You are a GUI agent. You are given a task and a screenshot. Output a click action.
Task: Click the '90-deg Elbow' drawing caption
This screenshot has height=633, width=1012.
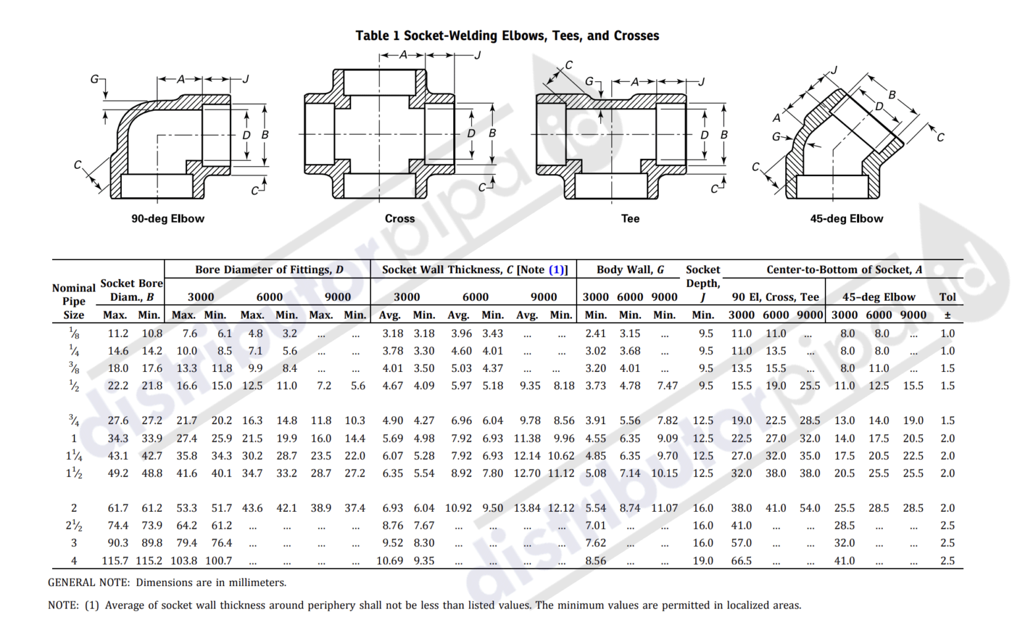click(x=167, y=218)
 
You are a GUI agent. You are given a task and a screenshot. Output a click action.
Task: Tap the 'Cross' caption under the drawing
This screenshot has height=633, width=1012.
click(x=399, y=218)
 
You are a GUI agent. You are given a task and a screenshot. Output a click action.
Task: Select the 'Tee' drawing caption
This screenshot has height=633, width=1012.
click(x=630, y=218)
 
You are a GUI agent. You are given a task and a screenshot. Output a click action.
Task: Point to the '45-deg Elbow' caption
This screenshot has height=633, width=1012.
click(x=846, y=218)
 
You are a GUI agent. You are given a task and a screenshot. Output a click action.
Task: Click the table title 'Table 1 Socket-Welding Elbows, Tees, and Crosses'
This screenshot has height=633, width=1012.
click(x=507, y=36)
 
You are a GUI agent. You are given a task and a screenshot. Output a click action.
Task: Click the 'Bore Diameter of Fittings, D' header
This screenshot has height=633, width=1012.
click(x=269, y=269)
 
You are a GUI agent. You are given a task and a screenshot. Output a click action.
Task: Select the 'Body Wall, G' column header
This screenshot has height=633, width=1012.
click(x=630, y=269)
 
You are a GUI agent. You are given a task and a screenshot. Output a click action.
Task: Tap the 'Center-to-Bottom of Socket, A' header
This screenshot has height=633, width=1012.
click(x=844, y=269)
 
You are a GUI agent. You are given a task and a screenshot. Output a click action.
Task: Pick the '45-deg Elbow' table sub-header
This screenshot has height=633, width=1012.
click(x=878, y=297)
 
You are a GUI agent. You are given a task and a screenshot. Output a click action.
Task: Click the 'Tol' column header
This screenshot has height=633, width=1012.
click(x=947, y=297)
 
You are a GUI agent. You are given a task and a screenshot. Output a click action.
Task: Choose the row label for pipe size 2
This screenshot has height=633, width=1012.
click(x=74, y=508)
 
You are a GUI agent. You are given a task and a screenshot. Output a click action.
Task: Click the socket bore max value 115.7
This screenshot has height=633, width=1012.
click(x=115, y=560)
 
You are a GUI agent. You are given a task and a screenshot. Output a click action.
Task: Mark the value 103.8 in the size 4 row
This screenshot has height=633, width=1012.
click(x=184, y=560)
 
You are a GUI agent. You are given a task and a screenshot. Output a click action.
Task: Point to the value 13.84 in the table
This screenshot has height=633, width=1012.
click(x=527, y=508)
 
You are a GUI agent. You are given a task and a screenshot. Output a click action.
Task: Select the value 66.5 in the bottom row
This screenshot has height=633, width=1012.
click(x=741, y=560)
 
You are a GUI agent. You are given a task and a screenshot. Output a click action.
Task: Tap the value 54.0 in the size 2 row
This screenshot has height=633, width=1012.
click(x=810, y=508)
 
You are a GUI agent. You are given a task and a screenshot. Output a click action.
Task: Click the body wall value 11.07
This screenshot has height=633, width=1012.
click(x=664, y=508)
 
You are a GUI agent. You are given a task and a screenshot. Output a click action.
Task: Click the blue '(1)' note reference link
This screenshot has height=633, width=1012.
click(x=556, y=269)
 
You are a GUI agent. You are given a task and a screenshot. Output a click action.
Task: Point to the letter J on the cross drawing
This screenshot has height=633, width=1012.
click(x=478, y=55)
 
